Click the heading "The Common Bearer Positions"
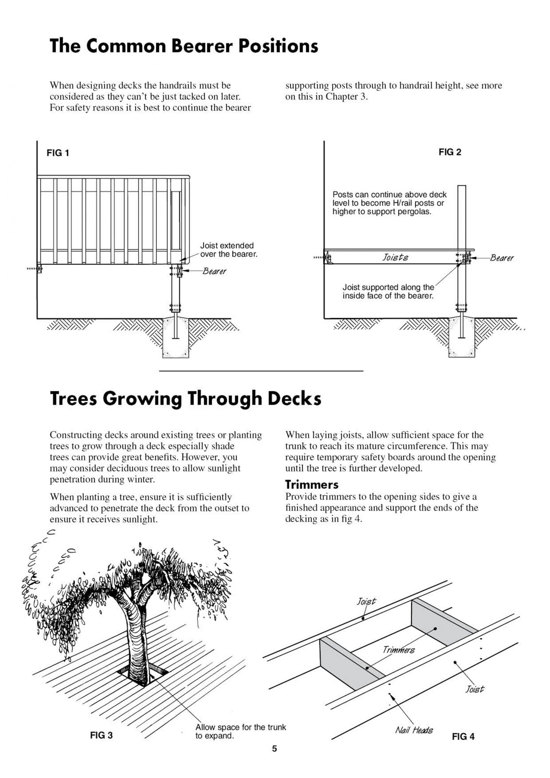[x=184, y=46]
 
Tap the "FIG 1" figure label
[x=58, y=153]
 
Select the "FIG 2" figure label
[x=450, y=152]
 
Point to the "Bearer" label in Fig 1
[x=214, y=271]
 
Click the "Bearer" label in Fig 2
[x=502, y=258]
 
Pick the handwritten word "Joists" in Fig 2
[x=395, y=257]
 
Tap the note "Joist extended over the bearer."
[x=228, y=250]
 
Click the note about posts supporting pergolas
[x=389, y=203]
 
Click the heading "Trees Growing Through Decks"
[x=185, y=398]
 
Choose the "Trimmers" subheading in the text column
[x=312, y=484]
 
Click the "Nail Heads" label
[x=414, y=730]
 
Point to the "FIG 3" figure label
[x=101, y=735]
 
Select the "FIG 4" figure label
[x=463, y=737]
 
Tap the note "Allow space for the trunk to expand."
[x=240, y=731]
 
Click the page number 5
[x=274, y=749]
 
